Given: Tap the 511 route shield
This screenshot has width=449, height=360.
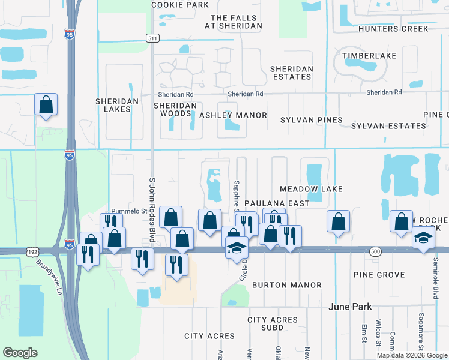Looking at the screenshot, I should click(152, 38).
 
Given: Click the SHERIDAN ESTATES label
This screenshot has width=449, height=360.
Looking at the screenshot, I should click(292, 73).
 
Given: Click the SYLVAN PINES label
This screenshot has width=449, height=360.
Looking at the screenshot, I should click(312, 120).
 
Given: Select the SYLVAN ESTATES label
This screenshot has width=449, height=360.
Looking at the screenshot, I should click(388, 126).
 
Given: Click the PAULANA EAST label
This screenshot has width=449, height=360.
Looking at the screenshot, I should click(277, 203).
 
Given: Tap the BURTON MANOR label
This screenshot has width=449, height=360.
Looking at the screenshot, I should click(287, 285).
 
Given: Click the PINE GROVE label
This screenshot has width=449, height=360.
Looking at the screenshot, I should click(379, 275).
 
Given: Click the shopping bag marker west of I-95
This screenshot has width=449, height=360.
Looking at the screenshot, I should click(46, 106).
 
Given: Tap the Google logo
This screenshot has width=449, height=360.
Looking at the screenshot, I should click(19, 353).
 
